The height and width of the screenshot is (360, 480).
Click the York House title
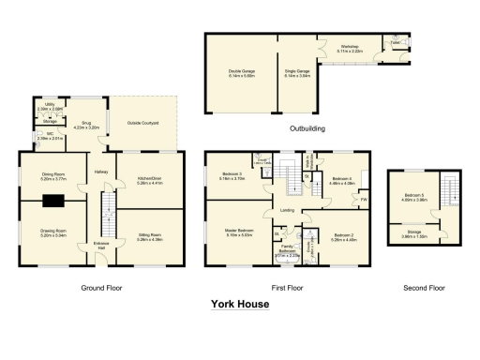(x=240, y=304)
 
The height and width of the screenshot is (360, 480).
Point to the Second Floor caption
(x=423, y=287)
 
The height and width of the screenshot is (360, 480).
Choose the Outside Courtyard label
(x=142, y=123)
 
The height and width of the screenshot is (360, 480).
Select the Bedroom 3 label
(x=233, y=174)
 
